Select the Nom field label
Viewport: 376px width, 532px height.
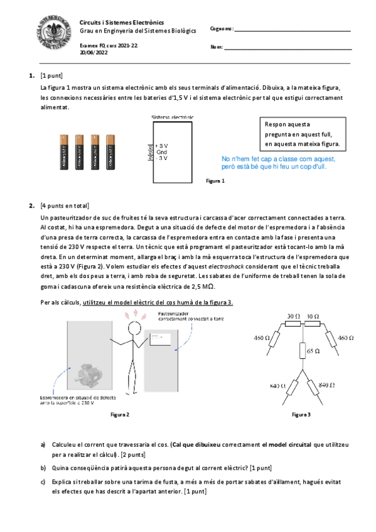217,47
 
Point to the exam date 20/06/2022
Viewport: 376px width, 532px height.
94,53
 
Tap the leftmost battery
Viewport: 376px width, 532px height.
63,152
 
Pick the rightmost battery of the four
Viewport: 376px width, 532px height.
110,152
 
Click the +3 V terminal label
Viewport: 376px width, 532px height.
162,146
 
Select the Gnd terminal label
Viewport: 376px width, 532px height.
162,152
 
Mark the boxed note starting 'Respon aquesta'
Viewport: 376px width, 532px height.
301,134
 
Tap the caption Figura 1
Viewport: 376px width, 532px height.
215,181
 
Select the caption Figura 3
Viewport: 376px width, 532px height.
301,415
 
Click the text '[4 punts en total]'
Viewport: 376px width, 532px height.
65,206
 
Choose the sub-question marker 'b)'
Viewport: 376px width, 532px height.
43,467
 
